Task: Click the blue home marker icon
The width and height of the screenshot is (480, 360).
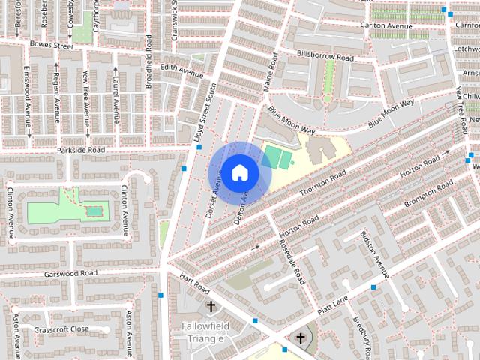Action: (239, 172)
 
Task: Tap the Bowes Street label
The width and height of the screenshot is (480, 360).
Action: (52, 46)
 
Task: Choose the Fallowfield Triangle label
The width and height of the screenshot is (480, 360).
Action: (202, 332)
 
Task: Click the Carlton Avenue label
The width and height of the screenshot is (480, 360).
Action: (387, 25)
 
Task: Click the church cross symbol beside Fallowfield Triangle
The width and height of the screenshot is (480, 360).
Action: (211, 306)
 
